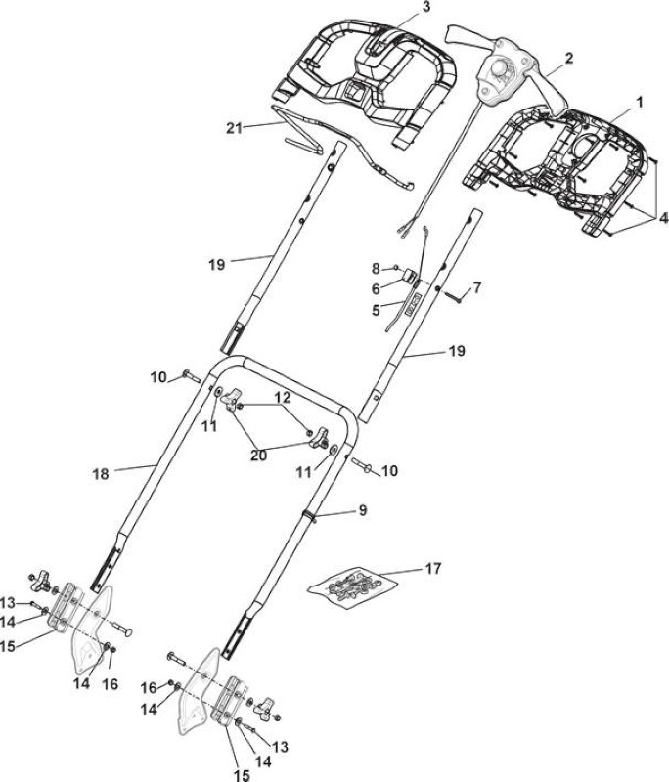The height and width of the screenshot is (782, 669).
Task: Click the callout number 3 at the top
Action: point(425,7)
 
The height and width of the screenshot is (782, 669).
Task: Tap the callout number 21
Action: point(234,128)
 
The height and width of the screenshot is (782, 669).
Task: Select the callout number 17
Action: point(433,568)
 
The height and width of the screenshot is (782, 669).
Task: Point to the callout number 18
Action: point(101,473)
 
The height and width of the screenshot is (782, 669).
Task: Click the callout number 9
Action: point(363,509)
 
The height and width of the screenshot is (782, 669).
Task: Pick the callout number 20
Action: point(258,455)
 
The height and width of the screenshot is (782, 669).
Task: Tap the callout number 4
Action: point(663,218)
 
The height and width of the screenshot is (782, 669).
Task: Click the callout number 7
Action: point(477,287)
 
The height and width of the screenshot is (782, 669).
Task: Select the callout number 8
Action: point(376,269)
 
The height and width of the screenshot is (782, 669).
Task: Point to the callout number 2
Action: point(568,58)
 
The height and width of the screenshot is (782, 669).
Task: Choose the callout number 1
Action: point(639,103)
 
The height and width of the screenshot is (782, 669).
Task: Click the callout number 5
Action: point(376,310)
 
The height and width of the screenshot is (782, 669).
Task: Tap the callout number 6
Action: point(376,288)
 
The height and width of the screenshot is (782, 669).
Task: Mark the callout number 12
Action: point(282,397)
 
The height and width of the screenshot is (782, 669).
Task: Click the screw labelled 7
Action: point(453,297)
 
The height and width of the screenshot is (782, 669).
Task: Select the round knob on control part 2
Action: point(497,65)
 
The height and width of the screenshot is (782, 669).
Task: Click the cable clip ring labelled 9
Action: point(311,515)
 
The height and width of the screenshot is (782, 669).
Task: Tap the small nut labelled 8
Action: point(396,268)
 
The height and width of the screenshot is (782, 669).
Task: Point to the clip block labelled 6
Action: point(410,275)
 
